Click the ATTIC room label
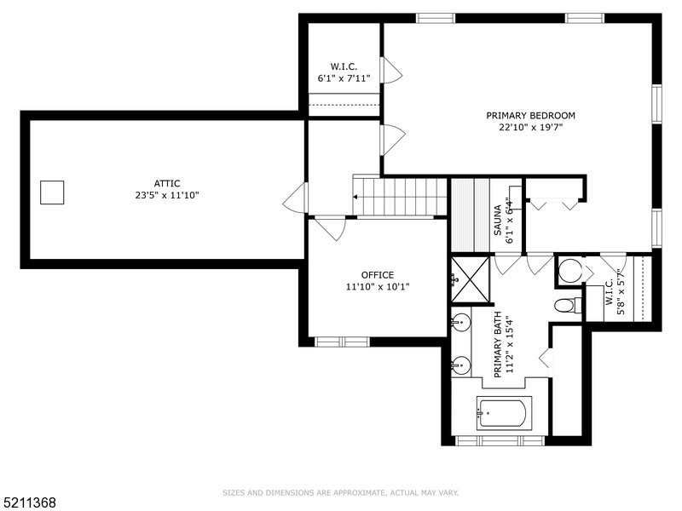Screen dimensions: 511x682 click(x=167, y=183)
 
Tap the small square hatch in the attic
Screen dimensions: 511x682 click(x=52, y=193)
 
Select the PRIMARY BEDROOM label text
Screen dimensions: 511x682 click(x=530, y=116)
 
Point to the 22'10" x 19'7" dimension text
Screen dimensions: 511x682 click(x=530, y=128)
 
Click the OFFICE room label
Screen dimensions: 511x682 click(x=377, y=275)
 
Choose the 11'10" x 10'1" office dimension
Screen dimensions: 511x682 click(x=377, y=287)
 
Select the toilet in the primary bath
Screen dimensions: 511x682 click(x=566, y=305)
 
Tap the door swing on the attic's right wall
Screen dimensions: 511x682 click(x=295, y=198)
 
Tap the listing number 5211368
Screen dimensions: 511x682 click(x=29, y=502)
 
